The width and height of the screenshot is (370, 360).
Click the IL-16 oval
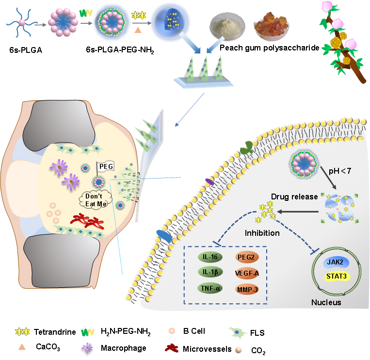pos(209,257)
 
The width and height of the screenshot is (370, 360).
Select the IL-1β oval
pos(209,272)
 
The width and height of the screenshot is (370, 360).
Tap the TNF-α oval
pos(209,289)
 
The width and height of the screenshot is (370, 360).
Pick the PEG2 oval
pos(247,257)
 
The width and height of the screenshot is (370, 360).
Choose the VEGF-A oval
pos(247,273)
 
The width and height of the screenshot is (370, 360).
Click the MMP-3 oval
pos(247,289)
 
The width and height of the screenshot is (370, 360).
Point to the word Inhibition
pos(262,233)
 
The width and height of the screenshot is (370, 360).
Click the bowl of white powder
pos(225,28)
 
